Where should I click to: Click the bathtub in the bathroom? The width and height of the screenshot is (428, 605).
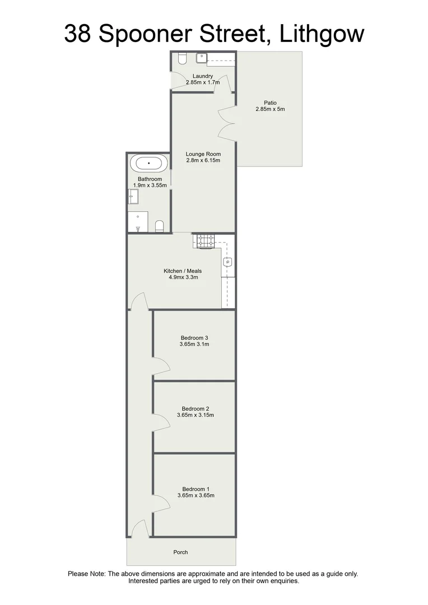pyautogui.click(x=148, y=163)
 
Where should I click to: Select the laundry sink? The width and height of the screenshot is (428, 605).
pyautogui.click(x=202, y=58)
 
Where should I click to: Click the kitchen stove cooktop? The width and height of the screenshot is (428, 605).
pyautogui.click(x=205, y=241)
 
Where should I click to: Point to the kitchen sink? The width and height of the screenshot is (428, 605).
pyautogui.click(x=227, y=262)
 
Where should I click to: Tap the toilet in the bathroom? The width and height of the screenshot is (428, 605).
pyautogui.click(x=160, y=226)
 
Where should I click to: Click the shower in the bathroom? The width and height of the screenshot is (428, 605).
pyautogui.click(x=138, y=221)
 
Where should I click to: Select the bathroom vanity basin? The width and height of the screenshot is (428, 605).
pyautogui.click(x=133, y=197)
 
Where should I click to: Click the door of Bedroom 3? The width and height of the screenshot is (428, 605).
pyautogui.click(x=162, y=365)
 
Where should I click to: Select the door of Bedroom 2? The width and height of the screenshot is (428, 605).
pyautogui.click(x=162, y=422)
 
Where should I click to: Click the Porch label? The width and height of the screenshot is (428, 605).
pyautogui.click(x=180, y=552)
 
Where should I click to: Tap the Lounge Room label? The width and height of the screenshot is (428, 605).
pyautogui.click(x=203, y=154)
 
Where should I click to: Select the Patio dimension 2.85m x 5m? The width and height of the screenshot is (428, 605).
pyautogui.click(x=270, y=109)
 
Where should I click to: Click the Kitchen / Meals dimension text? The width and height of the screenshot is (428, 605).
pyautogui.click(x=183, y=277)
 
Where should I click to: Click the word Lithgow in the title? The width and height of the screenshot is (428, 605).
pyautogui.click(x=322, y=34)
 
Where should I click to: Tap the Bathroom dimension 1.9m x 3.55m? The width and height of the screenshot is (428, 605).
pyautogui.click(x=150, y=185)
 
